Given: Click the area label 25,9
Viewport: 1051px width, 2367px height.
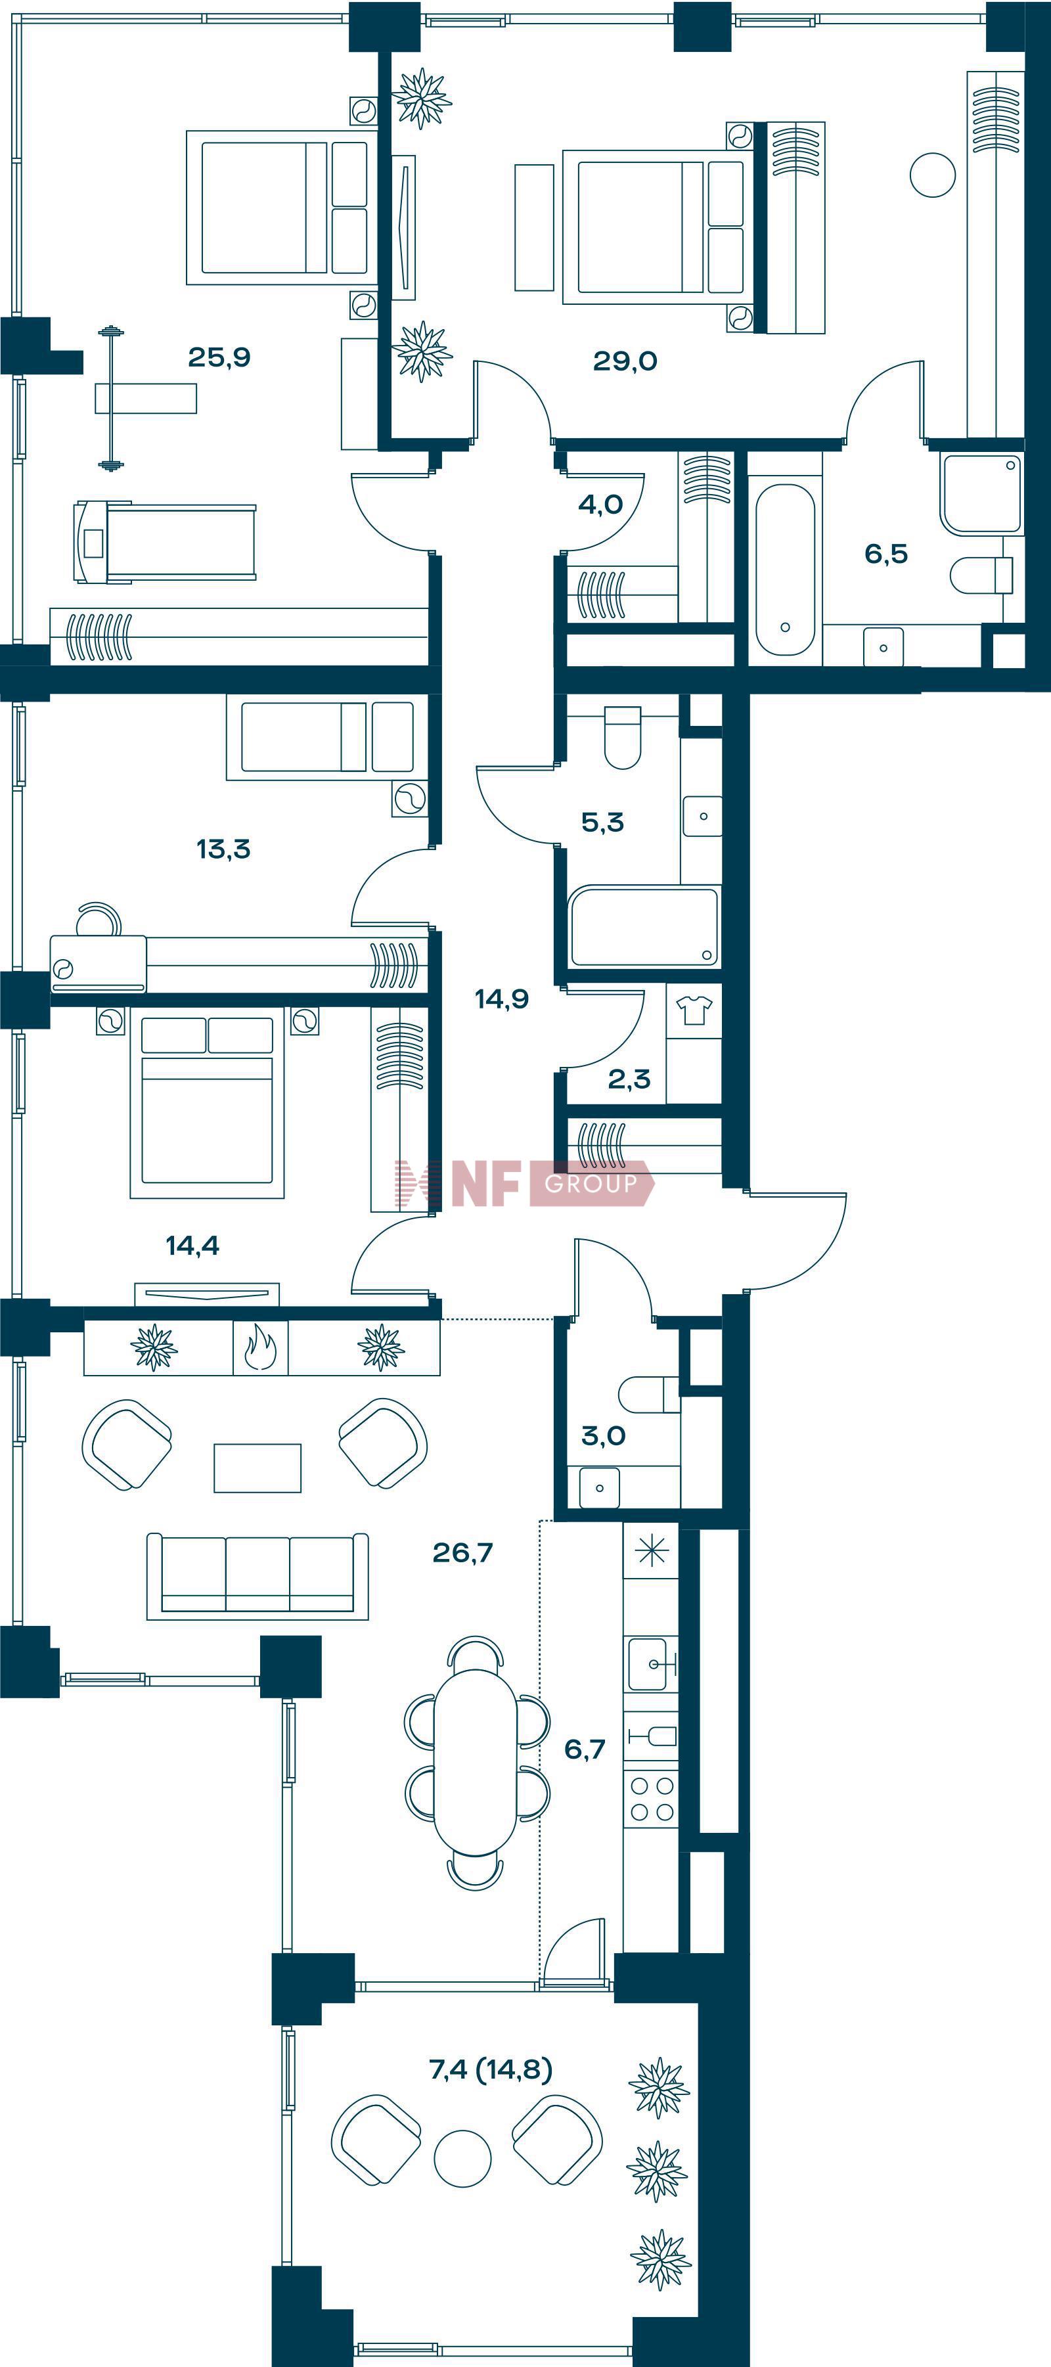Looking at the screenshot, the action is coord(219,357).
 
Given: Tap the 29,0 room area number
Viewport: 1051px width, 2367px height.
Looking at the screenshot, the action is coord(625,361).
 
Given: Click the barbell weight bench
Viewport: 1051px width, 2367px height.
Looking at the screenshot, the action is coord(145,399).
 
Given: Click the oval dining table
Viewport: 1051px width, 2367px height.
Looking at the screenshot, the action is coord(475,1763).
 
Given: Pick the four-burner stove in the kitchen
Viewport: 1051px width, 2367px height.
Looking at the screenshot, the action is coord(652,1799).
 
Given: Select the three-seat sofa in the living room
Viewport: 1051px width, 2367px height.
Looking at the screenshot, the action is coord(257,1576).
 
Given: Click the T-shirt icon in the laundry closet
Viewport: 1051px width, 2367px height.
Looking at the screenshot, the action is coord(694,1010).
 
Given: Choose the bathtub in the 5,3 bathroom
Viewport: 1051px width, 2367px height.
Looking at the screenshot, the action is coord(644,926).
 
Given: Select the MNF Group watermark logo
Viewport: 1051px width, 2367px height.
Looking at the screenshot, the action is coord(524,1183).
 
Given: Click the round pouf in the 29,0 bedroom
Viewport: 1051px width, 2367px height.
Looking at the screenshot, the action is coord(933,175).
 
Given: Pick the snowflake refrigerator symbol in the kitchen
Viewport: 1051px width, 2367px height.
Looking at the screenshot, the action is coord(652,1552).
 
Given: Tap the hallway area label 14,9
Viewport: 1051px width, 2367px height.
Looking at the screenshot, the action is coord(502,999).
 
